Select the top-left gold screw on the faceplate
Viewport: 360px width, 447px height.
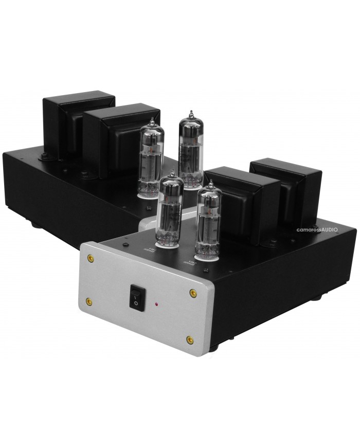coord(91,257)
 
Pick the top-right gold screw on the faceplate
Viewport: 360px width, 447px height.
coord(193,293)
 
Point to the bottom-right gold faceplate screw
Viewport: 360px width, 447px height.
coord(190,339)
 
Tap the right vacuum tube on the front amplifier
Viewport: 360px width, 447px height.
coord(209,219)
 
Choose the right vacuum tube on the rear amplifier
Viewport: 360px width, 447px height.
coord(190,149)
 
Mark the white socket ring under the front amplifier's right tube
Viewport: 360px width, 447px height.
coord(206,253)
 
